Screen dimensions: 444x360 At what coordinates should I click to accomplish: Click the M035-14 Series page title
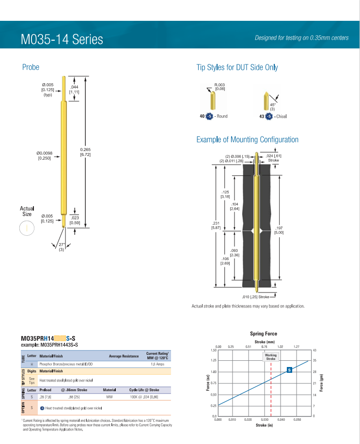(62, 39)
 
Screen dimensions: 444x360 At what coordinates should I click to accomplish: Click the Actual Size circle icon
(26, 228)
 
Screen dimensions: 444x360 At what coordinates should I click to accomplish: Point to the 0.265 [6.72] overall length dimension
(85, 152)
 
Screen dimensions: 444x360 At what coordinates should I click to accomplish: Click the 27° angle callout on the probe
(62, 247)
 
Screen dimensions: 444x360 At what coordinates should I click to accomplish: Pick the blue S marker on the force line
(289, 370)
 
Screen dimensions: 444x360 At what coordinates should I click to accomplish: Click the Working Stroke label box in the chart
(271, 357)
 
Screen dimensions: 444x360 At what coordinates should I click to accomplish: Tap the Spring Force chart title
(264, 334)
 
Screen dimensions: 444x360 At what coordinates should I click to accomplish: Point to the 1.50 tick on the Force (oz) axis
(213, 350)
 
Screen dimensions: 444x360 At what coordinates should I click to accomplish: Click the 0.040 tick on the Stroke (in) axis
(282, 420)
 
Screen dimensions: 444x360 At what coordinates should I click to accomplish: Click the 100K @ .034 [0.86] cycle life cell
(144, 396)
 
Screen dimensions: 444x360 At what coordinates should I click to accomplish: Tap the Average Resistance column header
(124, 356)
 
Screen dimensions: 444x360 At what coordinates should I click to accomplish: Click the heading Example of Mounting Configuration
(247, 139)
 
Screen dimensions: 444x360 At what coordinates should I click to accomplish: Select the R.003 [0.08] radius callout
(220, 87)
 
